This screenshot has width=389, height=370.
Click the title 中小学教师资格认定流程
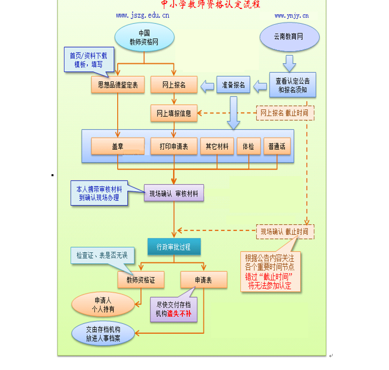[211, 5]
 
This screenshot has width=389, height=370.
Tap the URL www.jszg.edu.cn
[143, 16]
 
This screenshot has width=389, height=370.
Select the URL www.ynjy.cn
[291, 16]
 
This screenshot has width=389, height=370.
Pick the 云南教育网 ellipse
[289, 37]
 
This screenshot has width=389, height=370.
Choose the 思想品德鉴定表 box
[118, 85]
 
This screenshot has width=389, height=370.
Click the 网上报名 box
[174, 85]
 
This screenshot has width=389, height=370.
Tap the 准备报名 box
[233, 85]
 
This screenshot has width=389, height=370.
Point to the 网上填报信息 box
[174, 114]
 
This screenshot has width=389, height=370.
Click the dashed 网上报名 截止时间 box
[285, 113]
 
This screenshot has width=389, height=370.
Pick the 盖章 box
[118, 146]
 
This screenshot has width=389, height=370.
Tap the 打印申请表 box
[174, 146]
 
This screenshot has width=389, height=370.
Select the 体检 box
[248, 146]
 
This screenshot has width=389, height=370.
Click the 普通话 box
[277, 146]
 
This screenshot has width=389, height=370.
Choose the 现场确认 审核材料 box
[174, 194]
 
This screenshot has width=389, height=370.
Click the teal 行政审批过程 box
[174, 247]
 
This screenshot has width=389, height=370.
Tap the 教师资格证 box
[141, 280]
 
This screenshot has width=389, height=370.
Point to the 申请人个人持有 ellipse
[103, 304]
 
